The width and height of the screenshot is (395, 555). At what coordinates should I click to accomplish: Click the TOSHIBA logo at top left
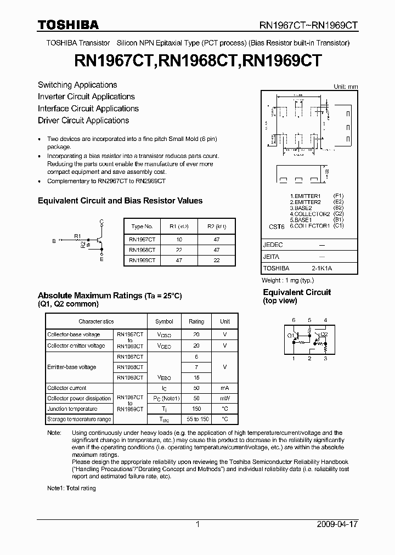pos(68,25)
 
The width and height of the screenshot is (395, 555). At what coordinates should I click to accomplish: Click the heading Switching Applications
pos(77,85)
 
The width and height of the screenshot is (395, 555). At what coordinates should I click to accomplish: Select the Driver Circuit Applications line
pos(83,121)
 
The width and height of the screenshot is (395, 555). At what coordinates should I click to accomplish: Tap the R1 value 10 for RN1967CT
pos(179,240)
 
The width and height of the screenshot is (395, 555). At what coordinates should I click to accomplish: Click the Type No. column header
pos(142,226)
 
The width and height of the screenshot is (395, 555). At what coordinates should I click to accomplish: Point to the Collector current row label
pos(67,388)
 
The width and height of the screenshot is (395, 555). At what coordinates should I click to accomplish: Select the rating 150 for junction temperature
pos(196,409)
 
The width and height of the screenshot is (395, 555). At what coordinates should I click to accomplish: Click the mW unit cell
pos(225,399)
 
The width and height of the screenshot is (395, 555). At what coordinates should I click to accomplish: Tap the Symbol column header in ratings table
pos(164,322)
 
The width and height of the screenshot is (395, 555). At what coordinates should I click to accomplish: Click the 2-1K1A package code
pos(321,268)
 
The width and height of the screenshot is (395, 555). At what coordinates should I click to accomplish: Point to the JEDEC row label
pos(273,245)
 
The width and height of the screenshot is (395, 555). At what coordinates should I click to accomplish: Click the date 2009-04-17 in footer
pos(337,524)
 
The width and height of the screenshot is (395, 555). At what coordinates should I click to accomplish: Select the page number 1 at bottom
pos(198,524)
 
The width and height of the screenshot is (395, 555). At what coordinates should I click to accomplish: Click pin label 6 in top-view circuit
pos(294,320)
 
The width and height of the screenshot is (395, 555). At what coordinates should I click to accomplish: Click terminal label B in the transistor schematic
pos(54,241)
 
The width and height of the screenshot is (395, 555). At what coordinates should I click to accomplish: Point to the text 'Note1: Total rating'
pos(71,488)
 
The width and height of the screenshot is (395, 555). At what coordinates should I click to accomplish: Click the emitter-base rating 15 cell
pos(196,378)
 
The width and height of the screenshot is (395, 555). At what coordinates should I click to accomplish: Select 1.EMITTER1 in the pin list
pos(305,196)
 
